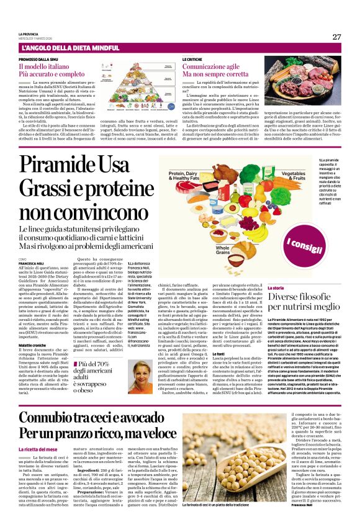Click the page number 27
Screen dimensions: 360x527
point(336,36)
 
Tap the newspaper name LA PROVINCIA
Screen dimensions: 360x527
point(29,34)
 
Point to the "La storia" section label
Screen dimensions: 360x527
point(276,288)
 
